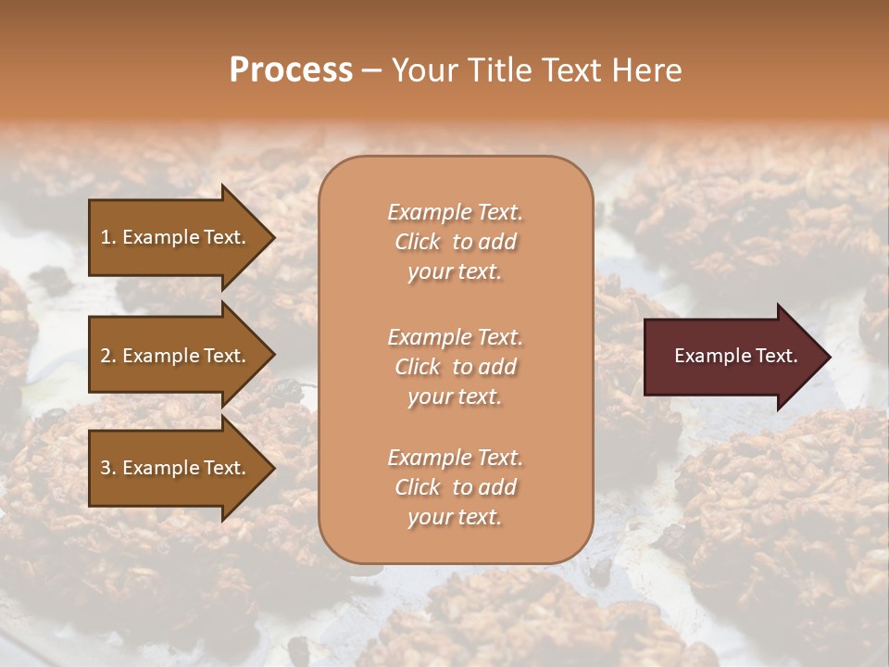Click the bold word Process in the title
point(291,70)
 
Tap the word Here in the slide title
point(647,70)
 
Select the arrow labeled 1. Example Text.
point(176,237)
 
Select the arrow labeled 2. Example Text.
point(176,356)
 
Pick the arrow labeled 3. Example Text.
point(176,468)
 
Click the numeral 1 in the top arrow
point(106,237)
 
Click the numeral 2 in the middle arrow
point(106,356)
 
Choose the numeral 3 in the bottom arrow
point(106,468)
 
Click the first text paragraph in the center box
point(455,242)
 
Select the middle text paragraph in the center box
point(455,367)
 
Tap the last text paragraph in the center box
point(455,487)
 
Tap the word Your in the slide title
point(421,70)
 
